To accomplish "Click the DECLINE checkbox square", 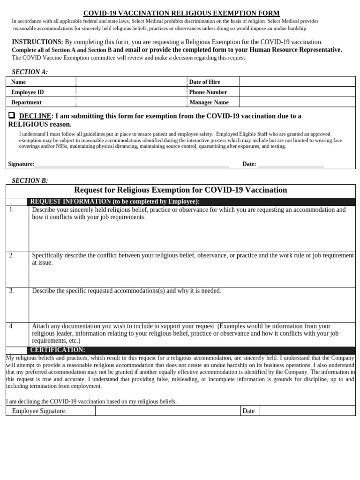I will [x=12, y=115].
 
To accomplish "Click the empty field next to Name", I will [x=131, y=82].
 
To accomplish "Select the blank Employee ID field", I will [x=131, y=92].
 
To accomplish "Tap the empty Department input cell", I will [x=131, y=102].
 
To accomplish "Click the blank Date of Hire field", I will [x=297, y=82].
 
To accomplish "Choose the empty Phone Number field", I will [x=297, y=92].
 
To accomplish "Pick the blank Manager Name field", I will [x=297, y=102].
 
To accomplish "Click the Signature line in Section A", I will [x=131, y=164].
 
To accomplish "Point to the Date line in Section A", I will [x=291, y=164].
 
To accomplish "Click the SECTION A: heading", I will [x=30, y=72].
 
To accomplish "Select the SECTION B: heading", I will [x=30, y=180].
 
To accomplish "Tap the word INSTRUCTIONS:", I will [x=37, y=42].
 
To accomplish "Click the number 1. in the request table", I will [x=11, y=210].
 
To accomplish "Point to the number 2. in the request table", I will [x=11, y=255].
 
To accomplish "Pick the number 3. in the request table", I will [x=11, y=291].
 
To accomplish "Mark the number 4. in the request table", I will [x=11, y=326].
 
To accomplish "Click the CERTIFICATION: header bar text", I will [x=58, y=350].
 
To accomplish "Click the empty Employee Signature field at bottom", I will [x=167, y=411].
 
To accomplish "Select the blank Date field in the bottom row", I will [x=307, y=411].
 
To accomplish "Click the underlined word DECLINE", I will [x=35, y=116].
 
